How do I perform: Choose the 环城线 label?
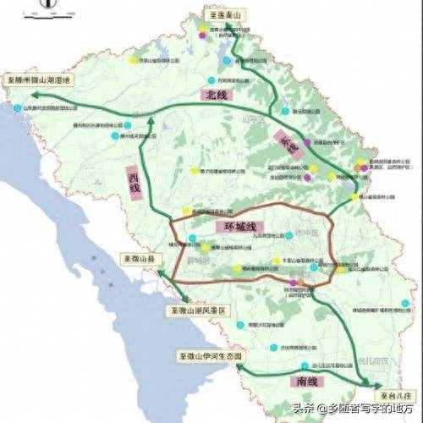234,228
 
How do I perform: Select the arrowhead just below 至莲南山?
214,28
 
